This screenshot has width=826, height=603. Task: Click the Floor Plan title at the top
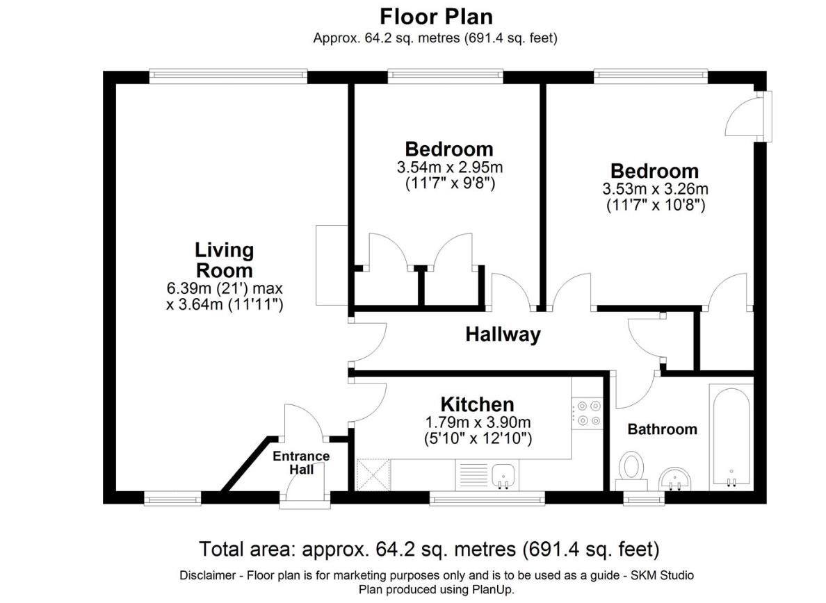point(436,17)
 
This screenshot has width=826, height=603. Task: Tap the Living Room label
point(225,260)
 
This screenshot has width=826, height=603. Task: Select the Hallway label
point(503,335)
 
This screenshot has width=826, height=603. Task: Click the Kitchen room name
point(477,404)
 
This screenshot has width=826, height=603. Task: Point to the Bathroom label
point(662,429)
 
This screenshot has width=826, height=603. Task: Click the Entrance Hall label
point(301,463)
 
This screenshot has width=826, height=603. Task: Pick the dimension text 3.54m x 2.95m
point(450,167)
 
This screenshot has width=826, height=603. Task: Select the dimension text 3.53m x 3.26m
point(656,189)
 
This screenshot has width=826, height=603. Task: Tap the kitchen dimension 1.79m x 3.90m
point(478,422)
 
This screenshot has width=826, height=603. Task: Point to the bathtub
point(730,436)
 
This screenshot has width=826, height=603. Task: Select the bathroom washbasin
point(675,479)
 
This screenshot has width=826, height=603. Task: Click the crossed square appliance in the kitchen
point(373,474)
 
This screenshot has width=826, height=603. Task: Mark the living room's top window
point(228,77)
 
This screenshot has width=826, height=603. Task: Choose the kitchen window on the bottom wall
point(487,498)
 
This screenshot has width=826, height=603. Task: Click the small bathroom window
point(645,498)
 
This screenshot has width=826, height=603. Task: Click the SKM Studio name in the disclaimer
point(662,575)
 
